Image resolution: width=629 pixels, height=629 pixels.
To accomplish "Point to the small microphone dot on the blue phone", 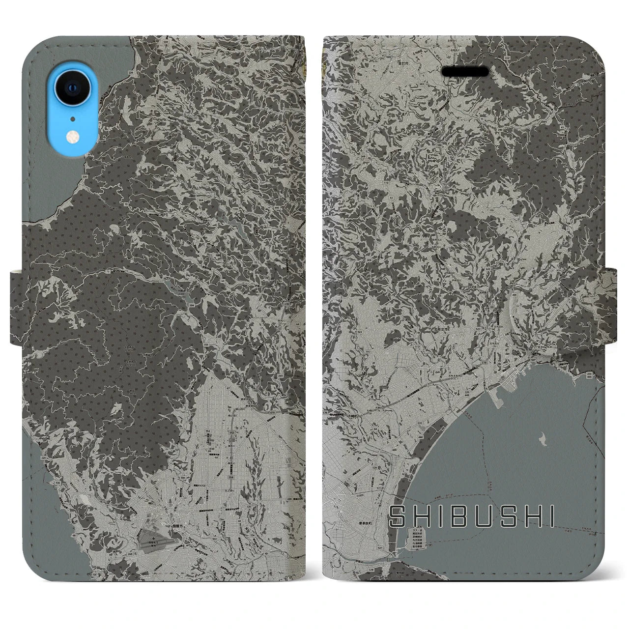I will click(x=73, y=118).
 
